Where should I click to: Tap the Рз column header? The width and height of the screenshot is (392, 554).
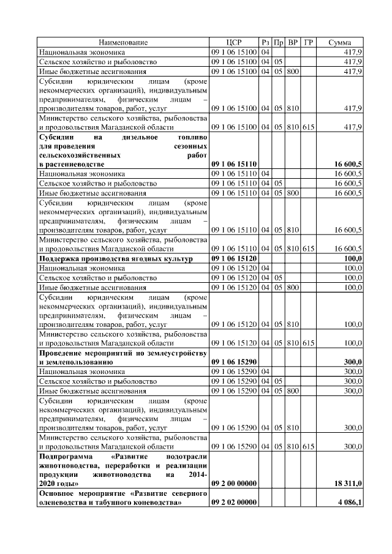(265, 43)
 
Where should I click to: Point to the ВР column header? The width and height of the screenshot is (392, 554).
(293, 43)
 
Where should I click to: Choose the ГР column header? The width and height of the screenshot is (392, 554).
(309, 43)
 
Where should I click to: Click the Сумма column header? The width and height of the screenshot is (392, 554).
(340, 43)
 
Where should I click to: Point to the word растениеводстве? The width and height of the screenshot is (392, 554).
(72, 165)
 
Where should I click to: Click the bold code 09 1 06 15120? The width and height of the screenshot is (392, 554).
(235, 259)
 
